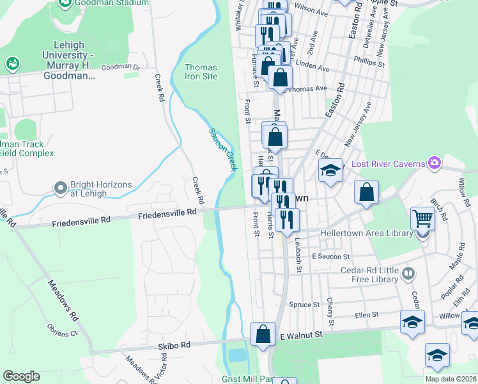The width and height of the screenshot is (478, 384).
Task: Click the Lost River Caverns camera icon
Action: click(x=435, y=164)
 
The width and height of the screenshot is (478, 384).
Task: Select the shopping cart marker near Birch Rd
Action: click(x=422, y=218)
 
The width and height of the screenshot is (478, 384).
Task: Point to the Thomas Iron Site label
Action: click(x=201, y=72)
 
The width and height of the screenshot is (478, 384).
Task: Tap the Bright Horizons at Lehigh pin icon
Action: click(x=61, y=189)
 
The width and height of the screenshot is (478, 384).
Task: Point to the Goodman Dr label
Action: click(x=120, y=67)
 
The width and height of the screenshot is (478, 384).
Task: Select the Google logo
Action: click(x=21, y=376)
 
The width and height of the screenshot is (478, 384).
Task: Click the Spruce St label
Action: click(x=304, y=305)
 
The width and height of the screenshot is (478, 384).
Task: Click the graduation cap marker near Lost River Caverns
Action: click(x=330, y=171)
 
